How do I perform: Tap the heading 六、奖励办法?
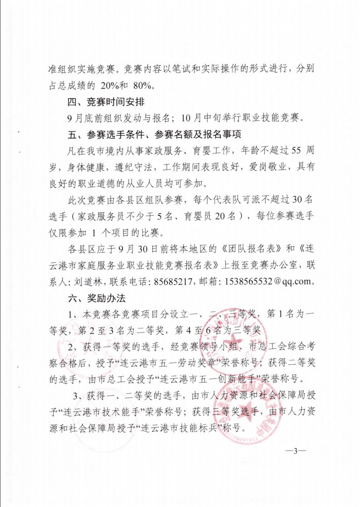click(96, 298)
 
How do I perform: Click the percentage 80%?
click(144, 85)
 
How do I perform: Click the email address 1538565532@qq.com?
click(266, 281)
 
